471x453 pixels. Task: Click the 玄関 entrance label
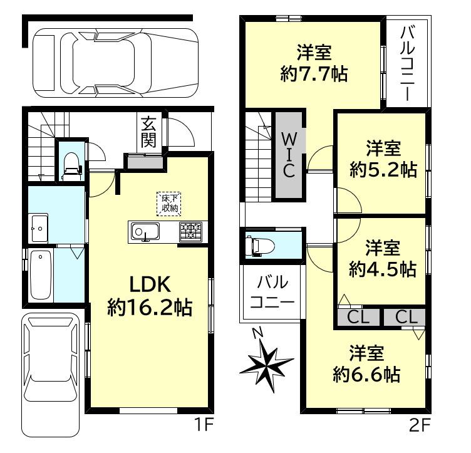pyautogui.click(x=148, y=132)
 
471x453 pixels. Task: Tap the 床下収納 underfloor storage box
pyautogui.click(x=169, y=204)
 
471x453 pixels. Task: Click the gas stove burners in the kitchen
pyautogui.click(x=191, y=231)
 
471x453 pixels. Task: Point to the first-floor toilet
pyautogui.click(x=72, y=167)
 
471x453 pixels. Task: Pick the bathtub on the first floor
pyautogui.click(x=41, y=275)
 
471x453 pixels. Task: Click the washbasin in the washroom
pyautogui.click(x=38, y=228)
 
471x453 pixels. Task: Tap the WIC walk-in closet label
pyautogui.click(x=289, y=155)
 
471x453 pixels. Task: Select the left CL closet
pyautogui.click(x=358, y=317)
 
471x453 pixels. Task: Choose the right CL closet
pyautogui.click(x=405, y=317)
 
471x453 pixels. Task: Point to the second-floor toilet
pyautogui.click(x=260, y=246)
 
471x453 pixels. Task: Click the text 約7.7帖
pyautogui.click(x=314, y=74)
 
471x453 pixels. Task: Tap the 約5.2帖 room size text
pyautogui.click(x=383, y=170)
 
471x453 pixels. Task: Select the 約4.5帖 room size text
pyautogui.click(x=383, y=269)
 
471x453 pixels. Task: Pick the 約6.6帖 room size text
pyautogui.click(x=366, y=374)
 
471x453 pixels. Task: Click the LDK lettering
pyautogui.click(x=150, y=284)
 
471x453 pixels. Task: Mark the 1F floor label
pyautogui.click(x=204, y=425)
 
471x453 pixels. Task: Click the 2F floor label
pyautogui.click(x=420, y=425)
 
